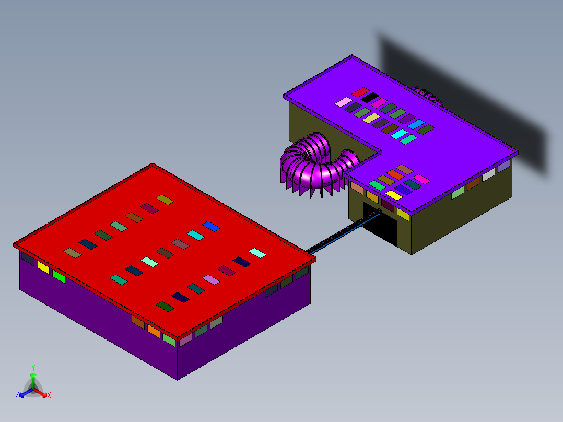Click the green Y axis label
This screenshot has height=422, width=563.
coord(33,367)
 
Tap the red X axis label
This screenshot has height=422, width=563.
coord(49,395)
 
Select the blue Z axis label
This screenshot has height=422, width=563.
coord(17,395)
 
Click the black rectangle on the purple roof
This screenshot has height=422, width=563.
coord(369,97)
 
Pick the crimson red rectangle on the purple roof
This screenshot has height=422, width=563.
coord(360,92)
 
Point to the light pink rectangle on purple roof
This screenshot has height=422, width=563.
coord(344,102)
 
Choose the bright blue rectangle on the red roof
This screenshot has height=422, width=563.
coord(211,226)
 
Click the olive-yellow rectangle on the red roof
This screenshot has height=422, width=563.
coord(165,200)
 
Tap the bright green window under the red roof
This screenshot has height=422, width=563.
coord(58,276)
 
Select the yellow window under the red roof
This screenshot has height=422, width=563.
coord(43,267)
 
